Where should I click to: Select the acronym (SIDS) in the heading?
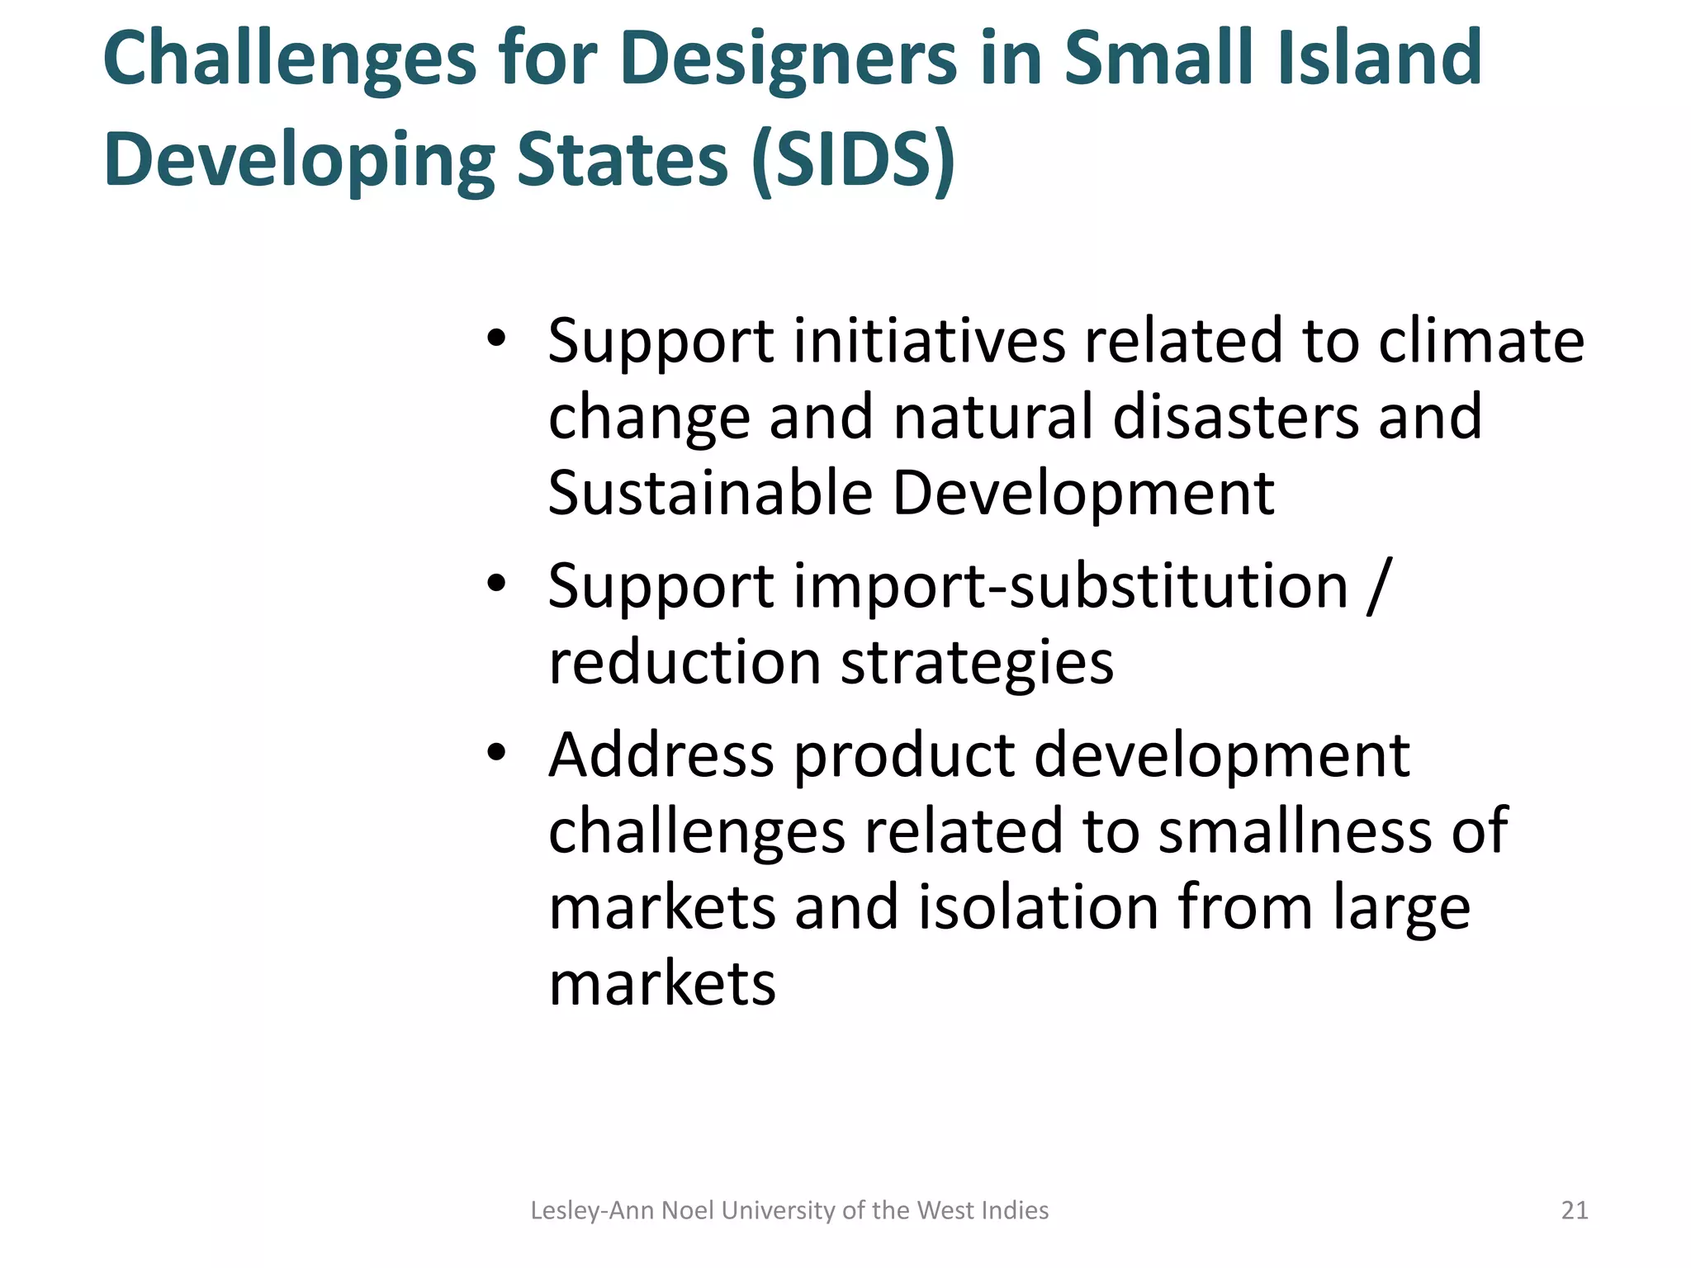(854, 159)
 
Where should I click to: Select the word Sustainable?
(710, 493)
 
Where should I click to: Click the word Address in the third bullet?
(661, 755)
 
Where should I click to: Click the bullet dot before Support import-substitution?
(495, 584)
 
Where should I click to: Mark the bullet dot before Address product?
(495, 752)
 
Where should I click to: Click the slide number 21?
(1575, 1210)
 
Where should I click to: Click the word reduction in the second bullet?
(684, 663)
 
